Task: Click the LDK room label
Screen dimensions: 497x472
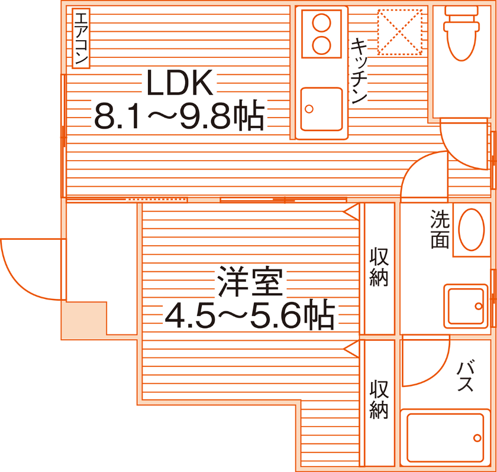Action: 179,84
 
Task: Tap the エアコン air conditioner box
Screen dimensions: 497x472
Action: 80,38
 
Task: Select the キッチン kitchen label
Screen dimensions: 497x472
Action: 360,71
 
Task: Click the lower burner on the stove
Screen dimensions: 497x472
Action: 321,44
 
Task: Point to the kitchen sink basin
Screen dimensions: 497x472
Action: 321,109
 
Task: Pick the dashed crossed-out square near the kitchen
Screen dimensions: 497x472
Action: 400,31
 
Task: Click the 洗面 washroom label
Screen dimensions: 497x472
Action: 439,229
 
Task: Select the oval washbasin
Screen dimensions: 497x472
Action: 471,230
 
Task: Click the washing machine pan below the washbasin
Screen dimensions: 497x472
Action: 467,306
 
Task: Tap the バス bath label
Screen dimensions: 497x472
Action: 465,377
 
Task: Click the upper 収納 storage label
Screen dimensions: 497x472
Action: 379,267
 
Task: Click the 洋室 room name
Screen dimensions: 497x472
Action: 250,282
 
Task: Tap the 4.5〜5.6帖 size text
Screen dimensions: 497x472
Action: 250,316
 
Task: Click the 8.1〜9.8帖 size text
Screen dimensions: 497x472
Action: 179,116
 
